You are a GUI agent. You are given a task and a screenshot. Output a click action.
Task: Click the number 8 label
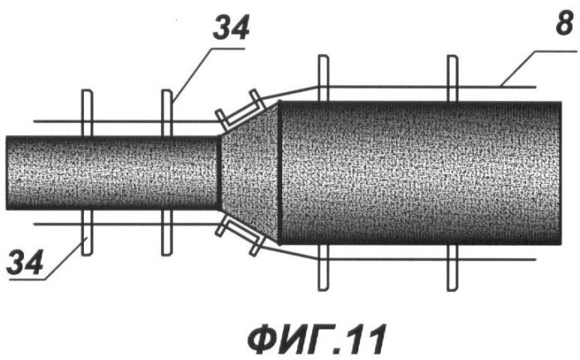pos(564,24)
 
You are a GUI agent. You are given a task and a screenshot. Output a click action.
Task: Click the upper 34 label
pos(231,28)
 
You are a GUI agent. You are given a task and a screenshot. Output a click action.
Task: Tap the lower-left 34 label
pos(25,262)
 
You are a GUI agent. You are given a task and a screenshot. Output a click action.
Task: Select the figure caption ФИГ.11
pos(317,339)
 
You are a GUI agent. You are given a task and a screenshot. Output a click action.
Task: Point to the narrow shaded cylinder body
pos(113,173)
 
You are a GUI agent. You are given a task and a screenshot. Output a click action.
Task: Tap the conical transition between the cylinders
pos(250,173)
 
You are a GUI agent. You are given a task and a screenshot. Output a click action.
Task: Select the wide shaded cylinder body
pos(421,173)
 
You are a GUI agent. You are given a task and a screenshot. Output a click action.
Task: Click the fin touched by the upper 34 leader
pos(167,113)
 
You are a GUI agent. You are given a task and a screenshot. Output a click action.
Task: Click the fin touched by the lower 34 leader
pos(87,232)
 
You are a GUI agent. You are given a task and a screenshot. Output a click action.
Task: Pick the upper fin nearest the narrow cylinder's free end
pos(87,113)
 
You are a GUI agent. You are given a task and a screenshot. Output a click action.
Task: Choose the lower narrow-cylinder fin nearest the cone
pos(167,232)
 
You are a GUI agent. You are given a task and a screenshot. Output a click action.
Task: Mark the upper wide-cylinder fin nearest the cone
pos(324,78)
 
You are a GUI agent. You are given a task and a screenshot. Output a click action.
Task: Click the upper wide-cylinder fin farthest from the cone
pos(452,78)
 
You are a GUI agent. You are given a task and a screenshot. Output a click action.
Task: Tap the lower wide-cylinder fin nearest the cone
pos(324,268)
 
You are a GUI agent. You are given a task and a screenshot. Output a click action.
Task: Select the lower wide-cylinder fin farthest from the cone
pos(452,268)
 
